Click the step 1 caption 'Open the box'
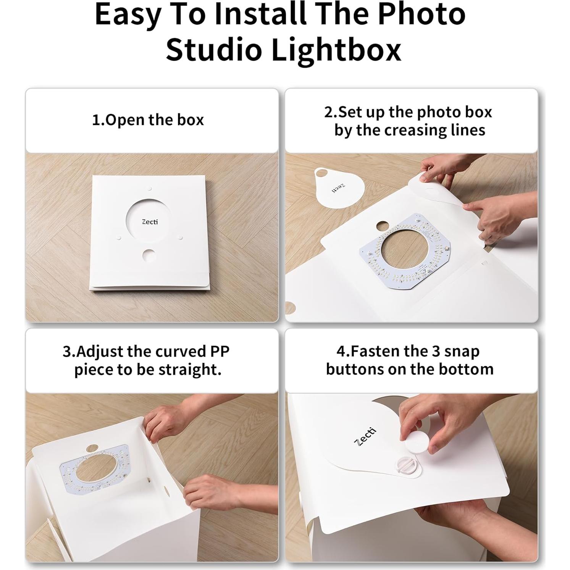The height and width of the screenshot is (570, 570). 148,120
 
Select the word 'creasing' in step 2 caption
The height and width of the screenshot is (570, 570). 424,130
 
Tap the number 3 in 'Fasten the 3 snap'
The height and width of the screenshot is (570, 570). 436,351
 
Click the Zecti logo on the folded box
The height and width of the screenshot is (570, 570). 150,222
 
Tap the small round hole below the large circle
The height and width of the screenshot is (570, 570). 149,255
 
